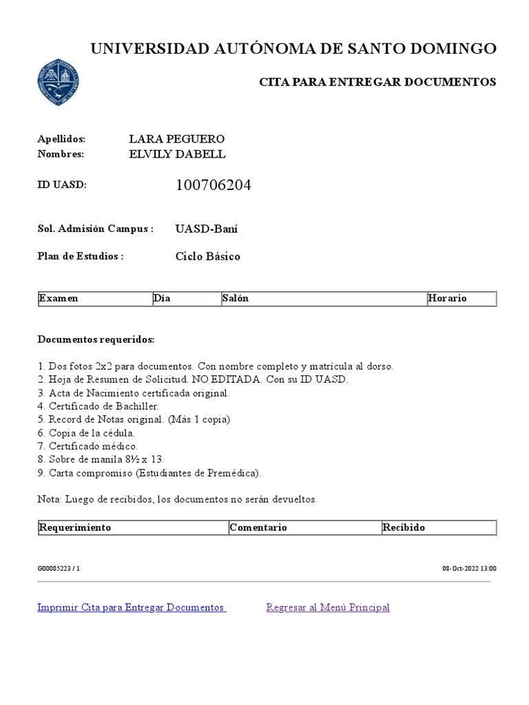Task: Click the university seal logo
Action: coord(58,82)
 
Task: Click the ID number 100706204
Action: coord(214,185)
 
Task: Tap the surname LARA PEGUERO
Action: coord(177,139)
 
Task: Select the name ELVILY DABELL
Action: coord(177,154)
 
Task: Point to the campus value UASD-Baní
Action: coord(207,229)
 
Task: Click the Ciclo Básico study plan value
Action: coord(208,257)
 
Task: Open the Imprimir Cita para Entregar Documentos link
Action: coord(131,607)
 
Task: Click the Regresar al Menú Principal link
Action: coord(328,607)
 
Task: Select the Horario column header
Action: coord(447,298)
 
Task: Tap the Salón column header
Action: coord(236,298)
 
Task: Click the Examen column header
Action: coord(59,298)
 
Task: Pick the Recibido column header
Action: coord(404,527)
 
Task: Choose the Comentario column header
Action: coord(258,527)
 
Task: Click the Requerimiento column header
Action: coord(75,527)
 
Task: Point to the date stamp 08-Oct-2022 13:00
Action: coord(469,569)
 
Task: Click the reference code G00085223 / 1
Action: coord(59,569)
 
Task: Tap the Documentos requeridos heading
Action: coord(96,340)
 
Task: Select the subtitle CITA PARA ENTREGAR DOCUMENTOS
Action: coord(377,82)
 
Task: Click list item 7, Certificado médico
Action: coord(88,446)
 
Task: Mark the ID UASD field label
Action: coord(62,185)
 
